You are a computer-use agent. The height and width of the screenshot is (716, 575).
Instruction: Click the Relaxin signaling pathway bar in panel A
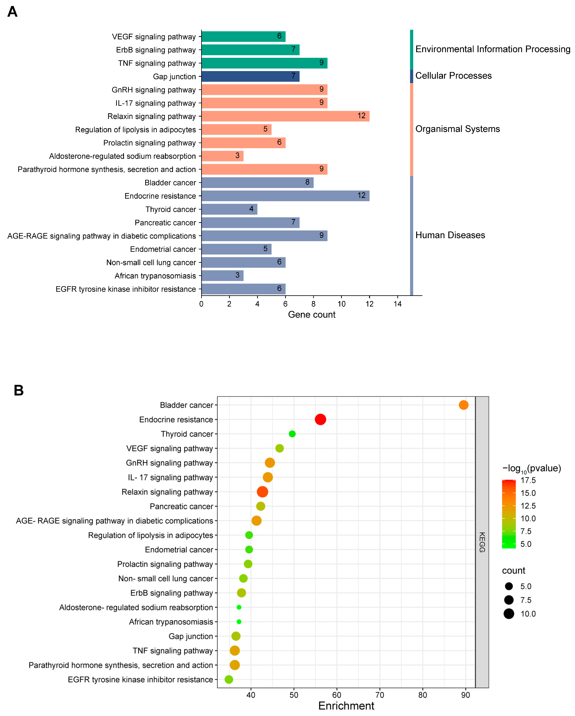[x=285, y=116]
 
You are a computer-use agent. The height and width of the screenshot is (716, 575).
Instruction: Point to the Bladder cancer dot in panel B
[x=463, y=405]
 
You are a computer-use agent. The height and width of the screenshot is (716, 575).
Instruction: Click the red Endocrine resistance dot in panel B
[x=320, y=419]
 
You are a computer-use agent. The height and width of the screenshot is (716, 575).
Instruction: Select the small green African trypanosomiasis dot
[x=239, y=622]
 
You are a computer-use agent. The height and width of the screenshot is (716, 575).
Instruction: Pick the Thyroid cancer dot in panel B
[x=292, y=434]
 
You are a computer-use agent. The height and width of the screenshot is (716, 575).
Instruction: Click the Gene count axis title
[x=311, y=314]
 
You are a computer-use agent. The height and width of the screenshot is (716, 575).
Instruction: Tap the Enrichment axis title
[x=346, y=706]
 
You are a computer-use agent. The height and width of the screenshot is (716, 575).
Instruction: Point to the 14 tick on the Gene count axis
[x=398, y=304]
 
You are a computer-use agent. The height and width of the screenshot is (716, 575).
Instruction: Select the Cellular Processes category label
[x=453, y=76]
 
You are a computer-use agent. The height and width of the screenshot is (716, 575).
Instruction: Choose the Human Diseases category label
[x=450, y=235]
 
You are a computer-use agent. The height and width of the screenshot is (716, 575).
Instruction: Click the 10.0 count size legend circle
[x=509, y=614]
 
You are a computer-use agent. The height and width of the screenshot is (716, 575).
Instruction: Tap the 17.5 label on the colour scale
[x=528, y=480]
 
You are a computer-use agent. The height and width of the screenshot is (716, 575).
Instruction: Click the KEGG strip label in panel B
[x=482, y=542]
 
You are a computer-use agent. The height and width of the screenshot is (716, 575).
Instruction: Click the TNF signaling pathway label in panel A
[x=157, y=63]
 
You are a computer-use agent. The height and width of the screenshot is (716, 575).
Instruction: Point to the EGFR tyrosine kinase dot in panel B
[x=229, y=679]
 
